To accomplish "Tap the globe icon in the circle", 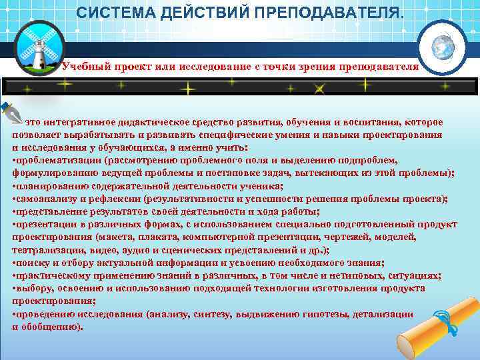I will point(442,46).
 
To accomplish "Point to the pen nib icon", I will point(11,113).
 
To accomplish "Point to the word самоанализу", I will point(43,198).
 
